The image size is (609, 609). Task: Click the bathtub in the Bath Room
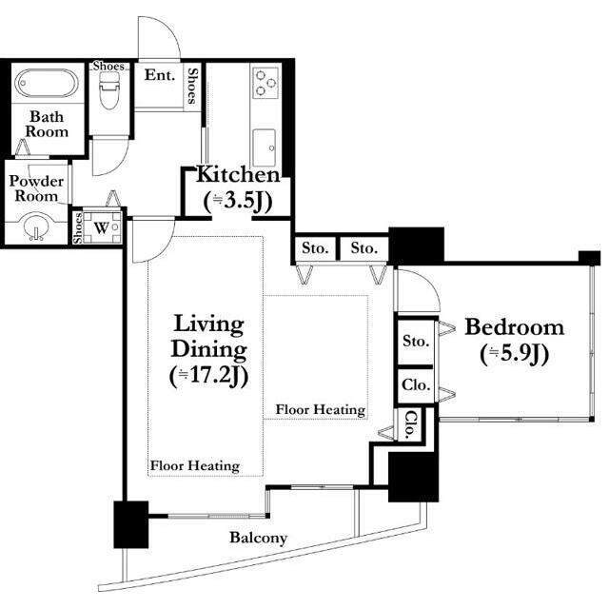point(47,83)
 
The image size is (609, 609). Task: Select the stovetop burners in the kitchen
point(266,83)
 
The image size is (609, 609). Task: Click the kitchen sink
point(265,147)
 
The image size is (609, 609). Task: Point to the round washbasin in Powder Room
point(36,226)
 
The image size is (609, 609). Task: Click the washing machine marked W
point(102,227)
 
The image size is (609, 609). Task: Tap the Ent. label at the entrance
point(160,75)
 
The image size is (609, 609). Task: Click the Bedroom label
point(515,327)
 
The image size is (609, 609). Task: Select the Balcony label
point(258,538)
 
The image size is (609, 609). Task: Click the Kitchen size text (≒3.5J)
point(238,202)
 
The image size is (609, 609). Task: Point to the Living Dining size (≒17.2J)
point(208,377)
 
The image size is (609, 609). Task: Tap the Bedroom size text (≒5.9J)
point(514,354)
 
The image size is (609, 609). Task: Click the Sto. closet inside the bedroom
point(416,342)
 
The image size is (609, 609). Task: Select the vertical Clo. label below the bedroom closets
point(410,424)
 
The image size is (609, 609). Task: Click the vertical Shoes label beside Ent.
point(192,87)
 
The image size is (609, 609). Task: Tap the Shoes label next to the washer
point(78,228)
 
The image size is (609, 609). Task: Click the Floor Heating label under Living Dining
point(194,465)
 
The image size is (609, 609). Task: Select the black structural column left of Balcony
point(131,524)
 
